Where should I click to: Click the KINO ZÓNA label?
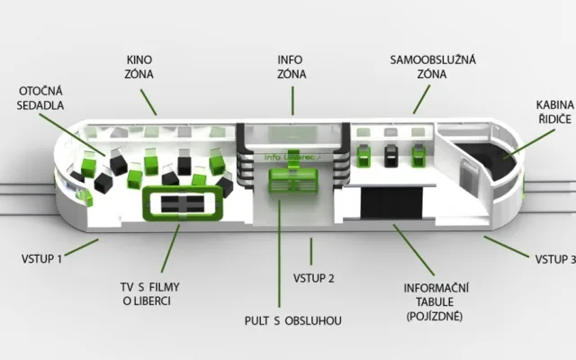coord(139,67)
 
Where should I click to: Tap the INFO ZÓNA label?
coord(292,67)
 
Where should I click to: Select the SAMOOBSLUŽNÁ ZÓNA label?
coord(433,67)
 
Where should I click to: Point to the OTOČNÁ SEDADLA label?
coord(40,98)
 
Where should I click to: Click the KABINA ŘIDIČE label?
coord(555,112)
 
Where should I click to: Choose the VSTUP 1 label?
coord(41,258)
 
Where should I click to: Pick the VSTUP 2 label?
coord(314,278)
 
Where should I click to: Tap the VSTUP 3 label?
coord(555,259)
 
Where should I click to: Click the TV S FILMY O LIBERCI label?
coord(149,294)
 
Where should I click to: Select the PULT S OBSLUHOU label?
coord(292,320)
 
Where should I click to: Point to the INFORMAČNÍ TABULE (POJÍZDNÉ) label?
coord(436,302)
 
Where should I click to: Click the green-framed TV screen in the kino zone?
coord(183,203)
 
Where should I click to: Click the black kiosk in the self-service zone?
coord(391,156)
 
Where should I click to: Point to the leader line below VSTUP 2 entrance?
coord(311,251)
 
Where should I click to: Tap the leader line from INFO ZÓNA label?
coord(292,101)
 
